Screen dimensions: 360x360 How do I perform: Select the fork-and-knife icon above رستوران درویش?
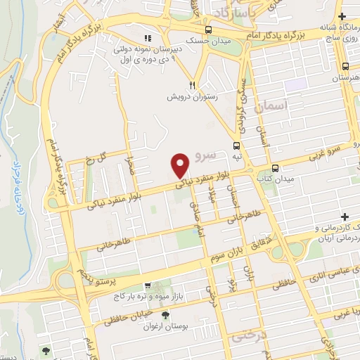click(x=171, y=82)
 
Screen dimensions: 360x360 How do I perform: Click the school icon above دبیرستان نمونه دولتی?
click(x=147, y=38)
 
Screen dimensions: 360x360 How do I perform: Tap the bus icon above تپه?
click(x=236, y=146)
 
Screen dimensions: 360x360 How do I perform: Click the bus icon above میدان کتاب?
click(x=275, y=168)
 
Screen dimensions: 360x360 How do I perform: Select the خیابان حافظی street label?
click(x=132, y=314)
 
